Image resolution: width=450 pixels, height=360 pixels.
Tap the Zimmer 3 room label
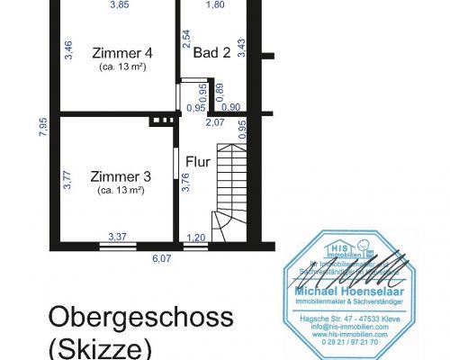[121, 176]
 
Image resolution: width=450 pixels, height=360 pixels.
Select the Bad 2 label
[212, 53]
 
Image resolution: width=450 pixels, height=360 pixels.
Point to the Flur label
[198, 162]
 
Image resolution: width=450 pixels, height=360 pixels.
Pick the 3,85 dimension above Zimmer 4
[120, 5]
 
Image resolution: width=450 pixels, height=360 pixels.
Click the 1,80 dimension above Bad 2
[215, 5]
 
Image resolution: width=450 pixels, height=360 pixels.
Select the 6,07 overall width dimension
[161, 258]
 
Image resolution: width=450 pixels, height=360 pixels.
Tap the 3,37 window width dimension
[118, 237]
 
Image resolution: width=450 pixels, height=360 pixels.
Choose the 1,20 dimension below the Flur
[194, 238]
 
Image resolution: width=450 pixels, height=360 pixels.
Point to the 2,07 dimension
[215, 121]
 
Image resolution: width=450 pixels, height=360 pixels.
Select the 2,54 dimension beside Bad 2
[185, 39]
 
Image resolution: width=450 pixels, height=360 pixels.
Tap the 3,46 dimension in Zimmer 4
[68, 50]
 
